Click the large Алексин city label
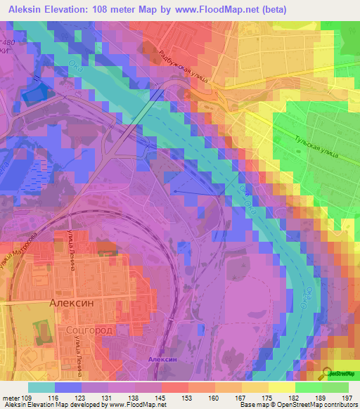(x=72, y=302)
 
